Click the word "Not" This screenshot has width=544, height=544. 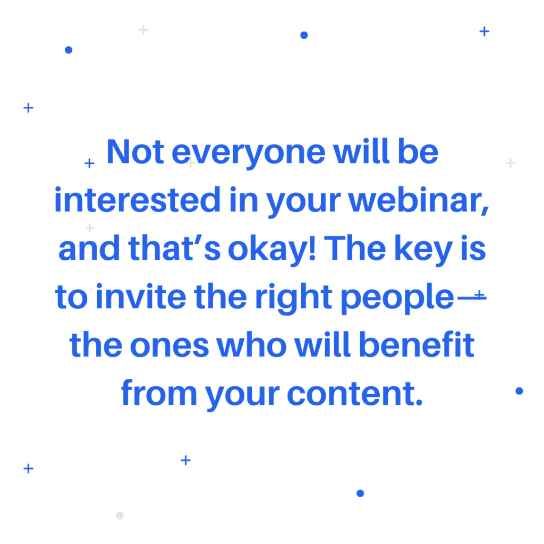click(135, 151)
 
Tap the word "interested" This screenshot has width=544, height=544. click(138, 200)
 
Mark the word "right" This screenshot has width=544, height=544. click(293, 299)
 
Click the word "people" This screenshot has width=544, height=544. click(397, 299)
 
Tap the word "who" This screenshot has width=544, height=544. click(251, 344)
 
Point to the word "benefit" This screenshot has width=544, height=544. click(416, 344)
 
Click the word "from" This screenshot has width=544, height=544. click(159, 393)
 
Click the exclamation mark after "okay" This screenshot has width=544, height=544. click(312, 248)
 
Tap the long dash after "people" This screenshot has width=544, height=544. click(472, 297)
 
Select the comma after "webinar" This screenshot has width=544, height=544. click(484, 209)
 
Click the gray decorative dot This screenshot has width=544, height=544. click(120, 515)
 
